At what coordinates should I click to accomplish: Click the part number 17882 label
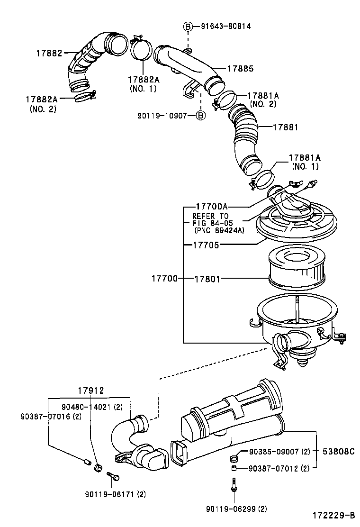tap(49, 53)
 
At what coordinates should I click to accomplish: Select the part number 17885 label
tap(240, 69)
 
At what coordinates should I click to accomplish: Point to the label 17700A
tap(212, 207)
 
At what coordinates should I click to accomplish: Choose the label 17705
tap(206, 245)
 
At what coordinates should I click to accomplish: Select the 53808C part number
tap(339, 452)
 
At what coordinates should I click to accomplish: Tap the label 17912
tap(90, 391)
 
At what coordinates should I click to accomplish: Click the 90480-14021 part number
tap(88, 406)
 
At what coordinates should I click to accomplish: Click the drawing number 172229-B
tap(333, 515)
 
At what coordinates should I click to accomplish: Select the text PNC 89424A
tap(219, 230)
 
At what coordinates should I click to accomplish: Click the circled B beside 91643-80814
tap(188, 27)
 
